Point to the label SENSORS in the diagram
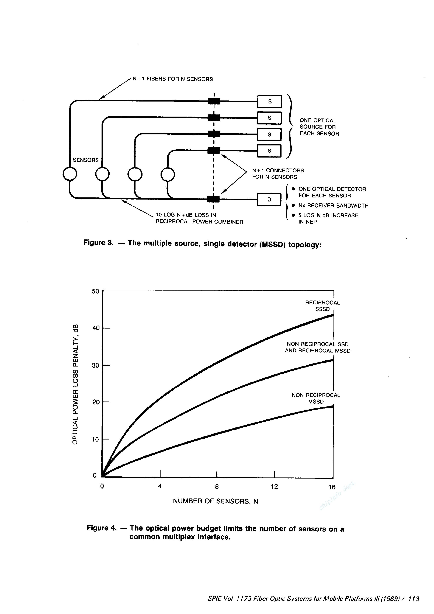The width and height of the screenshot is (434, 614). pos(86,160)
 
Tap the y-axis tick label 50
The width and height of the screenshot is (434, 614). pos(95,291)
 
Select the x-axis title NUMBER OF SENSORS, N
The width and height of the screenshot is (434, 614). pos(216,501)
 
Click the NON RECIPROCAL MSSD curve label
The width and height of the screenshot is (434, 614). pos(316,398)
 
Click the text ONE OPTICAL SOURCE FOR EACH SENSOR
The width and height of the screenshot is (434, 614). pos(319,127)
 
